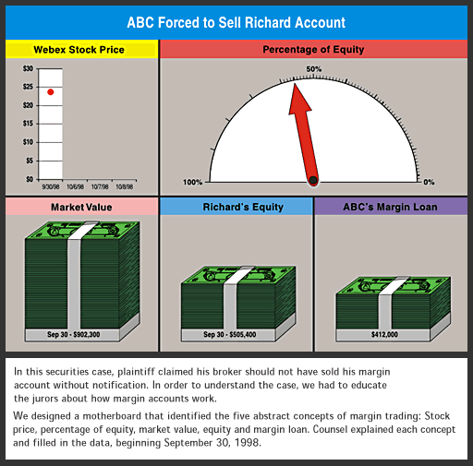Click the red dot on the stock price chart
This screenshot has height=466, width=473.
pos(51,92)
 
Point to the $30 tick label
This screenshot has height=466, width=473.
pos(28,68)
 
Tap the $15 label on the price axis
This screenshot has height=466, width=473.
pos(28,124)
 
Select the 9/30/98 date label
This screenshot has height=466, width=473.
pos(51,186)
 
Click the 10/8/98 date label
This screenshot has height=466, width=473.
pos(125,186)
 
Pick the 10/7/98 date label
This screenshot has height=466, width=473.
pos(100,186)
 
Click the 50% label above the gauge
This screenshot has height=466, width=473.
pos(313,69)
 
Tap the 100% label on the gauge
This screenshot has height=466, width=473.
pos(192,182)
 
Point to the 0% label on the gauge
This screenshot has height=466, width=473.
pos(429,182)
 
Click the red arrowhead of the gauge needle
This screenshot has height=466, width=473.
pos(298,99)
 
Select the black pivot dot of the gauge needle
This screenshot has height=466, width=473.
pos(313,181)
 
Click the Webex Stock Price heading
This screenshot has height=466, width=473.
pos(79,50)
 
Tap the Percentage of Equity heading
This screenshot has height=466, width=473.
pos(313,49)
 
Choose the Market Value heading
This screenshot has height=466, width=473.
pos(81,207)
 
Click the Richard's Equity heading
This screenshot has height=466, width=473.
pos(243,207)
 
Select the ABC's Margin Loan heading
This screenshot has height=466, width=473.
pos(390,207)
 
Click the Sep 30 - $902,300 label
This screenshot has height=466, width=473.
pos(73,334)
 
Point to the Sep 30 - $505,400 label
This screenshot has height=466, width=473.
pos(229,334)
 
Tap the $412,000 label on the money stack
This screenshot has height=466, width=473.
pos(384,334)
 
